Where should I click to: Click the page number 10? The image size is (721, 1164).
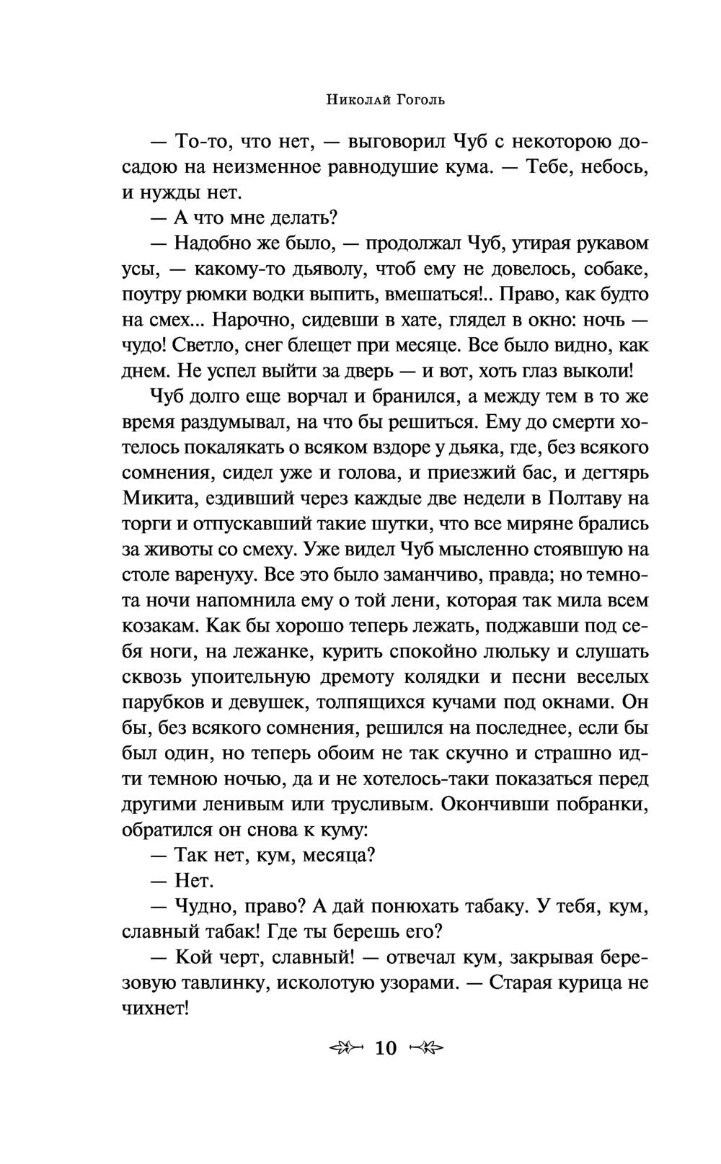pyautogui.click(x=386, y=1047)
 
